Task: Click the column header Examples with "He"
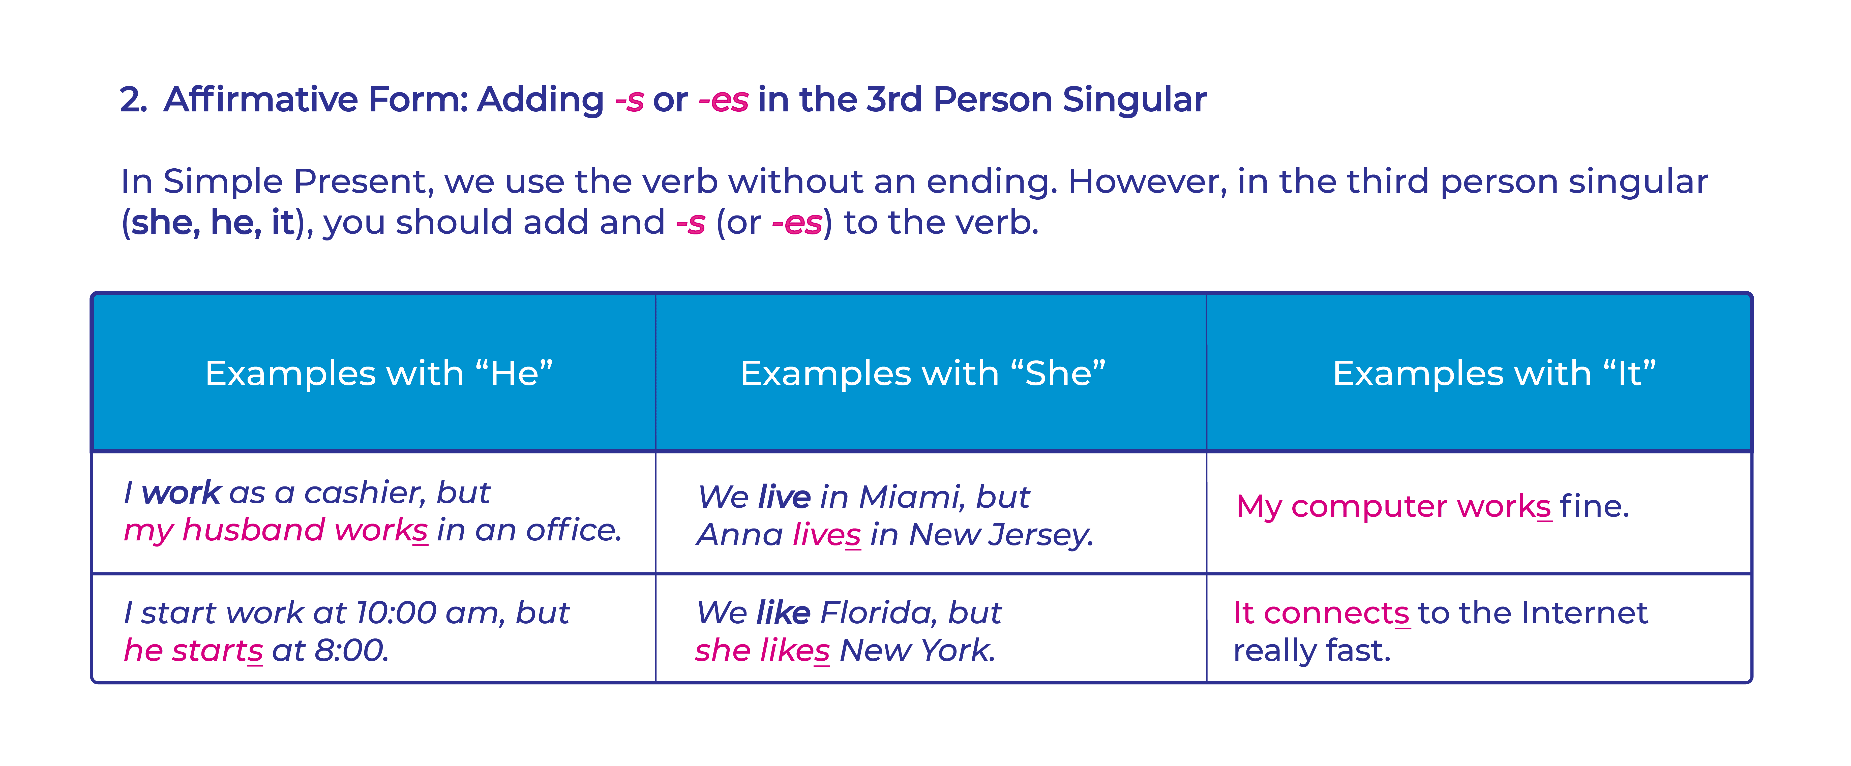tap(379, 374)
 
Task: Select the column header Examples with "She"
tap(923, 374)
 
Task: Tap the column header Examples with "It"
tap(1494, 374)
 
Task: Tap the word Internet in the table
tap(1585, 613)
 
